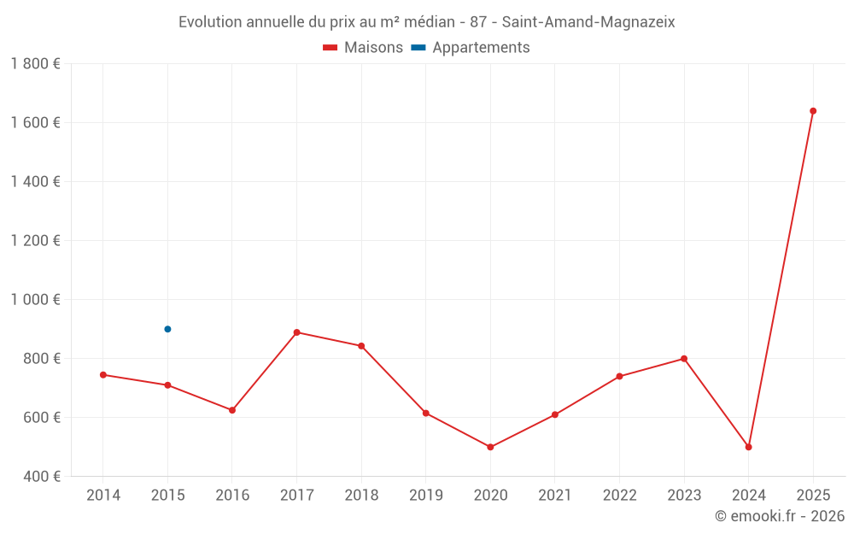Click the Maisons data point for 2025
813,111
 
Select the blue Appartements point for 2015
167,329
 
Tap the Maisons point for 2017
296,332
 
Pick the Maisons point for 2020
490,447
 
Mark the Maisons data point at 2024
748,447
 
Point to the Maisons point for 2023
684,359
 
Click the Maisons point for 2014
103,375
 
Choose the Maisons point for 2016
232,410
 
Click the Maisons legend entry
363,48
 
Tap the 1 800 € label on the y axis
36,64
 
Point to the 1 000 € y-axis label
36,300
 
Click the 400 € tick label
40,477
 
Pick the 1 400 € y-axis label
36,182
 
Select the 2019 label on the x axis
425,496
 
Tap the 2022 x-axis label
619,496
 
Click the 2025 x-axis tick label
813,496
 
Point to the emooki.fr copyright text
780,516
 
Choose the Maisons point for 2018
361,346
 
